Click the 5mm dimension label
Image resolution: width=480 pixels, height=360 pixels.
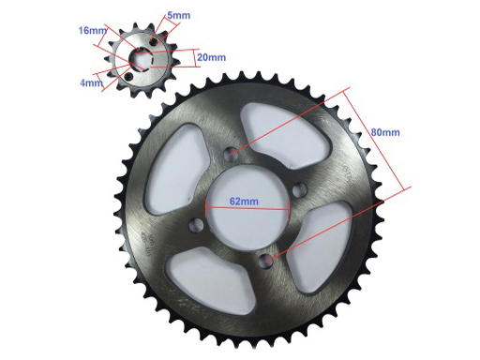pos(178,15)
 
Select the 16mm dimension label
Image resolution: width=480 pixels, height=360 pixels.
pos(93,31)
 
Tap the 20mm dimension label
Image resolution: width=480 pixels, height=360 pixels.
pos(211,57)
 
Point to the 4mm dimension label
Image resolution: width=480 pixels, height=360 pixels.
pos(91,83)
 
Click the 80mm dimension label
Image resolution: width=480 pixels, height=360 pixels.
pos(385,132)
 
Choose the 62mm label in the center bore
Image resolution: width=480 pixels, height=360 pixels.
pos(244,202)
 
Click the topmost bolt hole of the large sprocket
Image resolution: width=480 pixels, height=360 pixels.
pos(232,153)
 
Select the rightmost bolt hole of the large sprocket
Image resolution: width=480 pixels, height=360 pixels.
pos(300,189)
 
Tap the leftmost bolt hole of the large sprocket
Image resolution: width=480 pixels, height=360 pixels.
pos(197,225)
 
